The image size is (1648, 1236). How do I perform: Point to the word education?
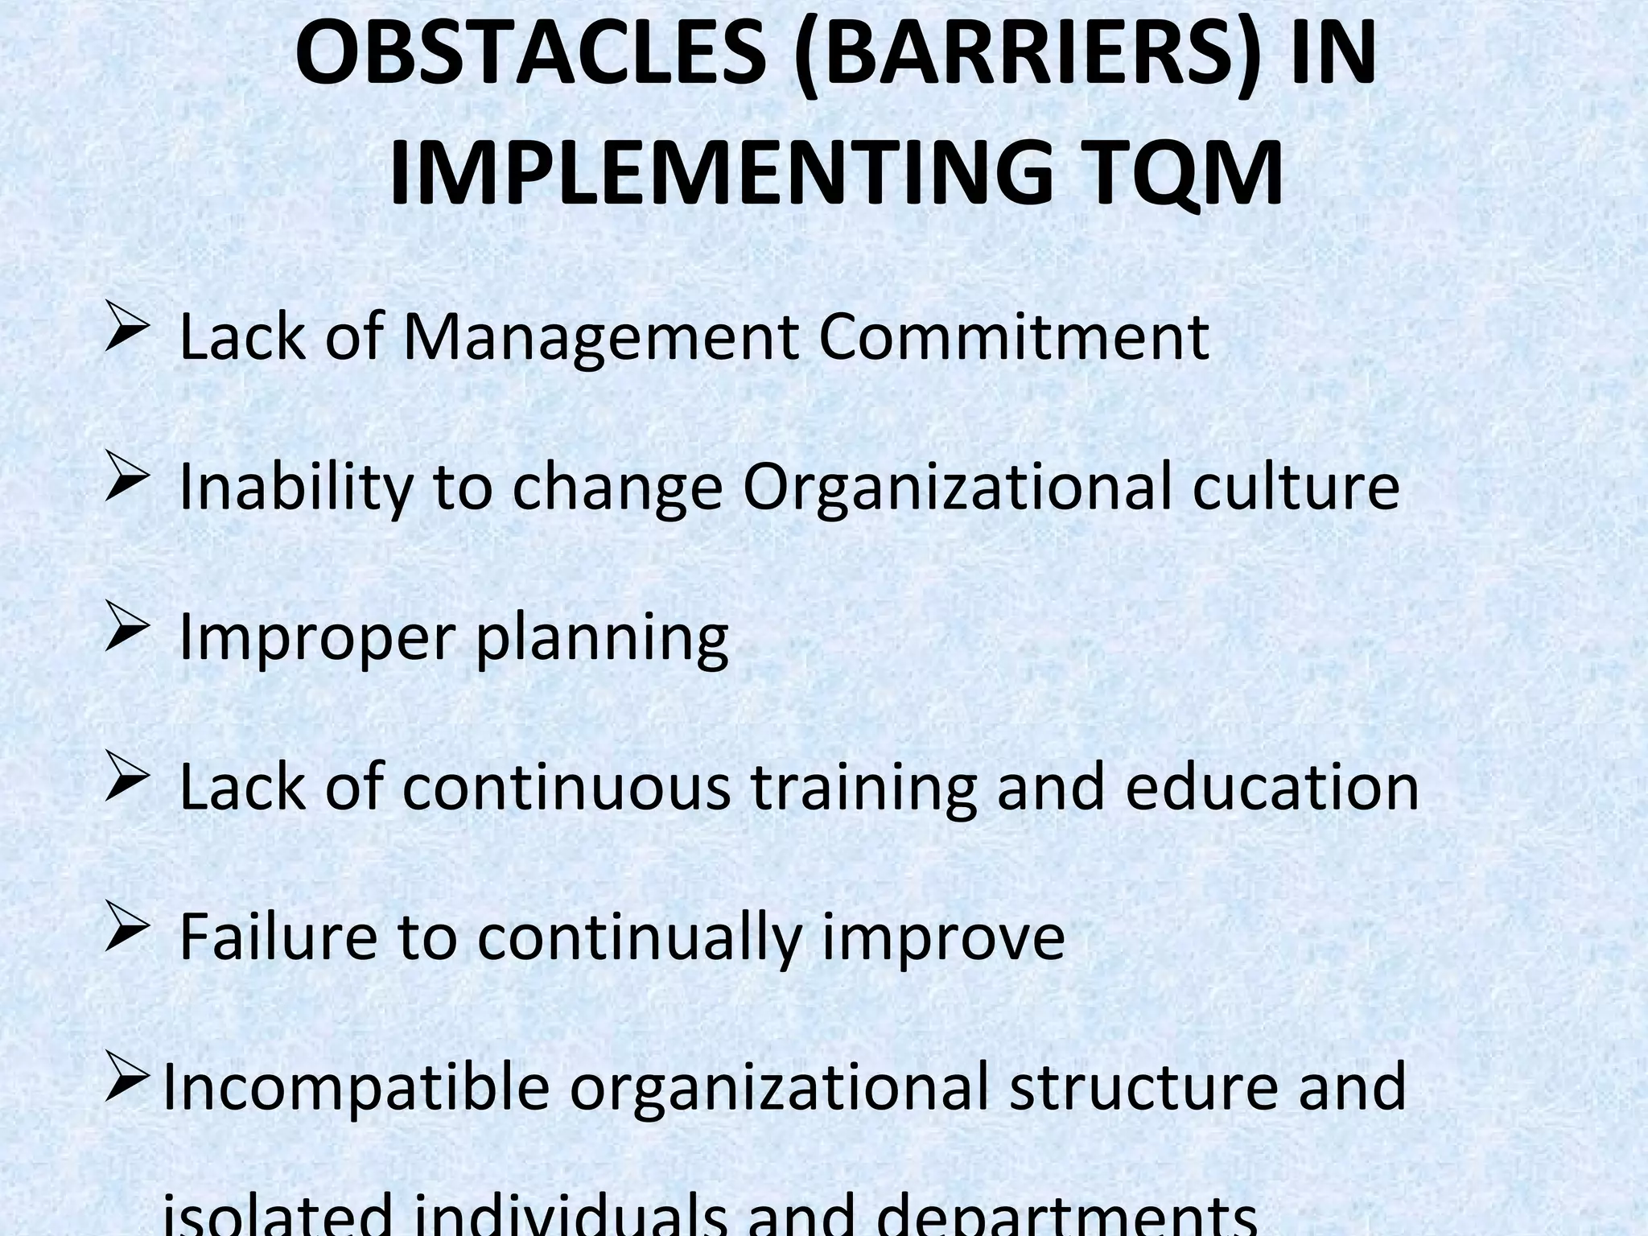[1272, 787]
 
